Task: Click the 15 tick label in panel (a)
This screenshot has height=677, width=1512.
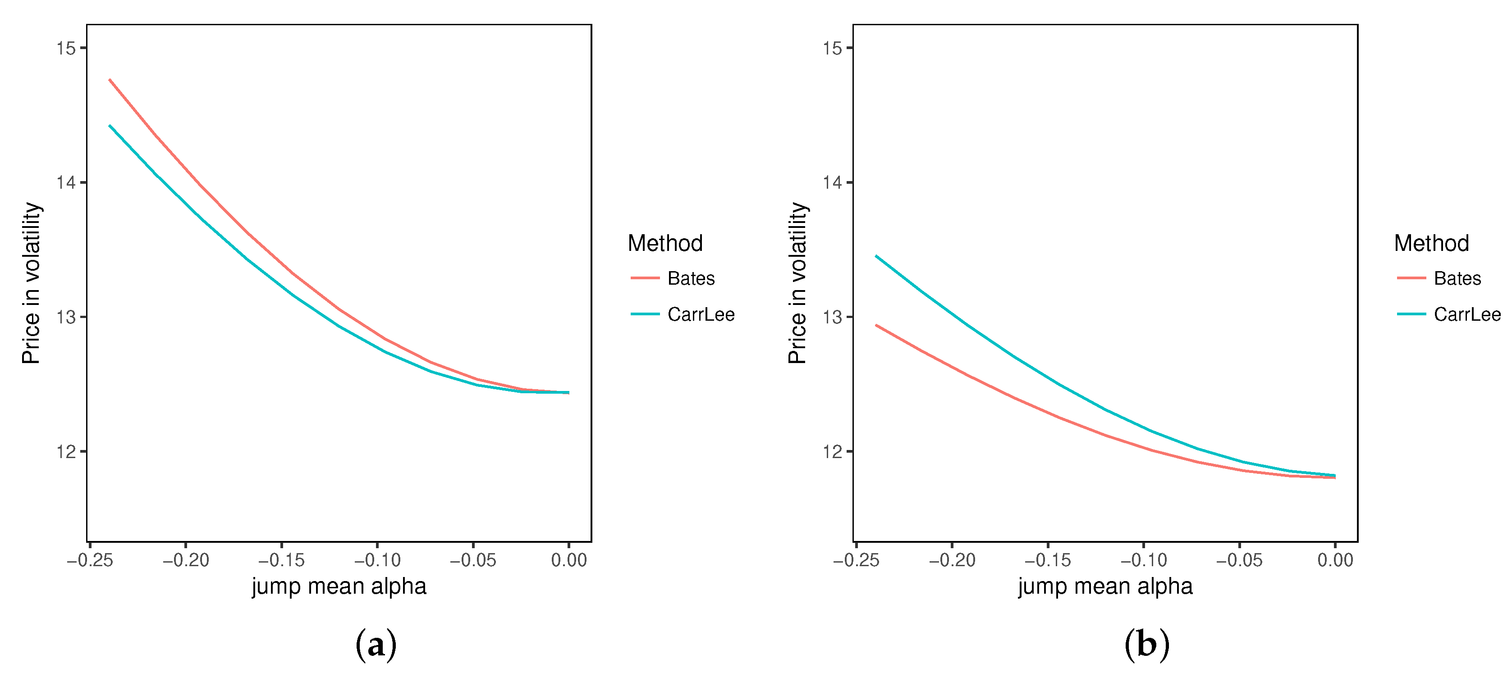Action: pos(66,48)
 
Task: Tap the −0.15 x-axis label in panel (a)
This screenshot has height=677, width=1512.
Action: pos(281,560)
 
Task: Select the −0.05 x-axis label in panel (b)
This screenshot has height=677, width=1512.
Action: pos(1239,560)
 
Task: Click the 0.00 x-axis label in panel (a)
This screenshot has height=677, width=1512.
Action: pos(569,560)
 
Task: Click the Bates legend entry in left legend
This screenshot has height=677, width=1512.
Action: pos(690,278)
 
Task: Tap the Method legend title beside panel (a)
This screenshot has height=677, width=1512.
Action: pos(665,243)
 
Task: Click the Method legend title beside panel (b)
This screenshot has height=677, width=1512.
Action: pos(1431,243)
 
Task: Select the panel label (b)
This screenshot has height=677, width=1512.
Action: pos(1146,644)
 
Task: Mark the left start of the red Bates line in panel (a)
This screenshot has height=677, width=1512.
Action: pos(110,80)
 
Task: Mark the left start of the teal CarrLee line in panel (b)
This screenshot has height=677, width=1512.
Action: pos(876,256)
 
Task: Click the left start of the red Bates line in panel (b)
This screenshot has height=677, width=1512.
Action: pos(876,325)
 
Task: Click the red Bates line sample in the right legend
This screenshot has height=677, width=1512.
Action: pos(1411,278)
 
